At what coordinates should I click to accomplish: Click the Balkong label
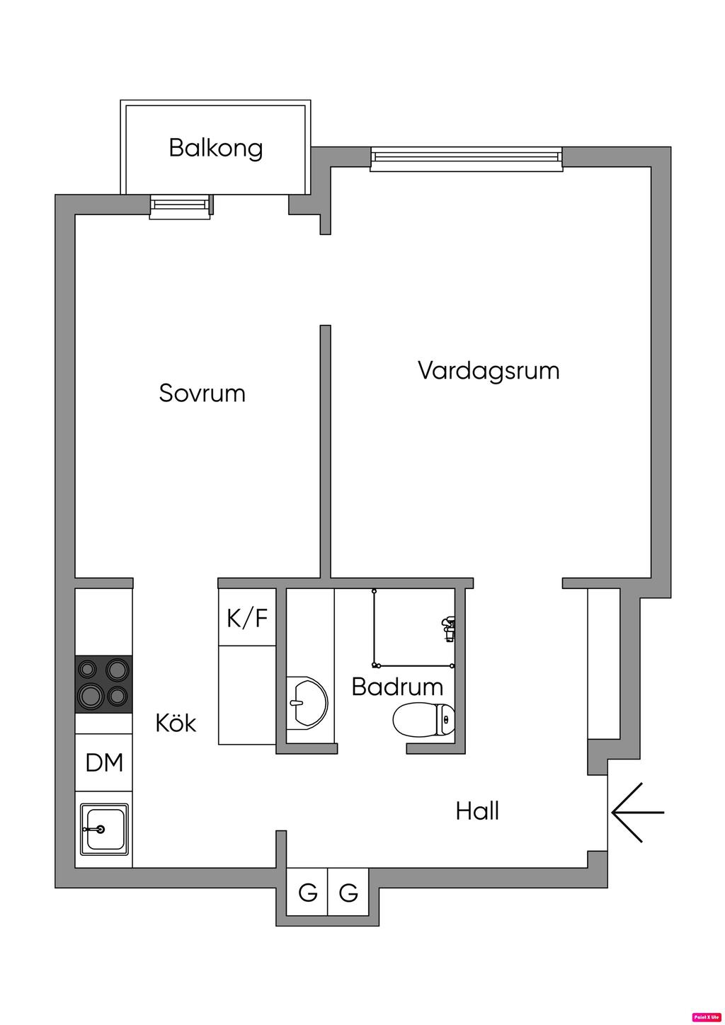[x=215, y=148]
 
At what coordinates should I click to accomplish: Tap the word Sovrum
[x=202, y=393]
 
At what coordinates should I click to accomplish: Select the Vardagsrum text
[x=489, y=370]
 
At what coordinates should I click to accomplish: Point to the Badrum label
[x=397, y=687]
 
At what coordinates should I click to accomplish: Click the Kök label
[x=176, y=723]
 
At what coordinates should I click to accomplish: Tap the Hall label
[x=477, y=811]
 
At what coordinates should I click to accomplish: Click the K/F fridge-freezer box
[x=247, y=618]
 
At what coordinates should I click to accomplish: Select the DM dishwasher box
[x=104, y=762]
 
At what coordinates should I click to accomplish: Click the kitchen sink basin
[x=103, y=828]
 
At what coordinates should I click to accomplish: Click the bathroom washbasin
[x=306, y=703]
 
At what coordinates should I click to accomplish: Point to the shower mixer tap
[x=447, y=626]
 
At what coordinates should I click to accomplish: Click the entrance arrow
[x=637, y=812]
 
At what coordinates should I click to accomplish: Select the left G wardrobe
[x=307, y=893]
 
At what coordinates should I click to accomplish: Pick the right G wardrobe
[x=348, y=893]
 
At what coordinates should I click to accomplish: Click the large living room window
[x=467, y=159]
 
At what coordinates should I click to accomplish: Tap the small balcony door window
[x=181, y=206]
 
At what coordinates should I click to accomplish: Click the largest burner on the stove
[x=91, y=696]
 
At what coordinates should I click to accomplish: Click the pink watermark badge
[x=706, y=1017]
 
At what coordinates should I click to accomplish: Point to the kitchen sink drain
[x=101, y=829]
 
